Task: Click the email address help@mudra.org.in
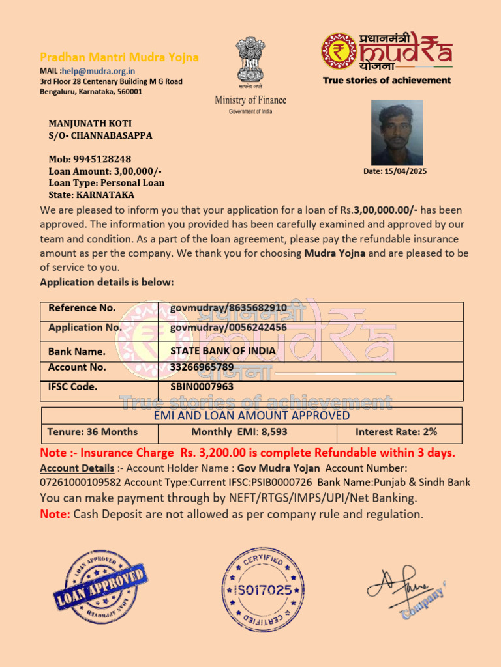(x=99, y=71)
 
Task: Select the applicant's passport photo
(x=397, y=132)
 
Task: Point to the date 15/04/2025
(x=395, y=171)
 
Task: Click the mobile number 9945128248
(x=102, y=159)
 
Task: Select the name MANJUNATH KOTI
(x=90, y=123)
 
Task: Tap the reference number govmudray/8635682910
(x=228, y=307)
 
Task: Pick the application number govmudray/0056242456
(x=228, y=327)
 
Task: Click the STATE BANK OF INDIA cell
(x=223, y=350)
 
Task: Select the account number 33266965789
(x=202, y=367)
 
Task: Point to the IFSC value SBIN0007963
(x=202, y=386)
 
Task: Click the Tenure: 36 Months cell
(x=93, y=432)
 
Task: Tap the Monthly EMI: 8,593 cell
(x=239, y=432)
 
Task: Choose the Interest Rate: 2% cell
(x=396, y=432)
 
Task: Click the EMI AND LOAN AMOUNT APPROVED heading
(x=252, y=416)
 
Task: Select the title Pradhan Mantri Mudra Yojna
(x=119, y=57)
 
